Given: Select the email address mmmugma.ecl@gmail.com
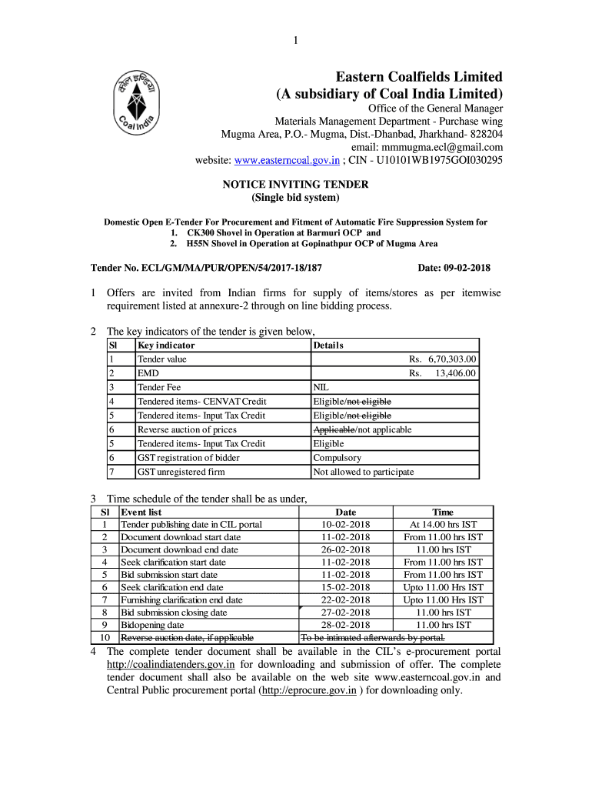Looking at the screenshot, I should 427,147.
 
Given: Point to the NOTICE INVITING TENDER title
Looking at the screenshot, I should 295,185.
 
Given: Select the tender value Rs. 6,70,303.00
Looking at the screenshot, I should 442,359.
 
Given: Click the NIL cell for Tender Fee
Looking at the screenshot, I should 321,388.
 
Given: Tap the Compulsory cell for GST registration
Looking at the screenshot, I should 337,458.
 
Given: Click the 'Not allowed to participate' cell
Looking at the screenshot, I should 363,472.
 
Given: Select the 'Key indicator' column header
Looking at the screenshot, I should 166,346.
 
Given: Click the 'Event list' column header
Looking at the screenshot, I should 141,512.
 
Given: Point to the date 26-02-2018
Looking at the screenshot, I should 346,549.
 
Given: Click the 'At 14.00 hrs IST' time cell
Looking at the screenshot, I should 443,525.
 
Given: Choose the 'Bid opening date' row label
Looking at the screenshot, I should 152,625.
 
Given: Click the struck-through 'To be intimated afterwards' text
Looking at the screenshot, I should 373,638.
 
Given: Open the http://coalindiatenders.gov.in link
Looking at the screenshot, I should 170,664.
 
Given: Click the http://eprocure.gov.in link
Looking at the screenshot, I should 309,690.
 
